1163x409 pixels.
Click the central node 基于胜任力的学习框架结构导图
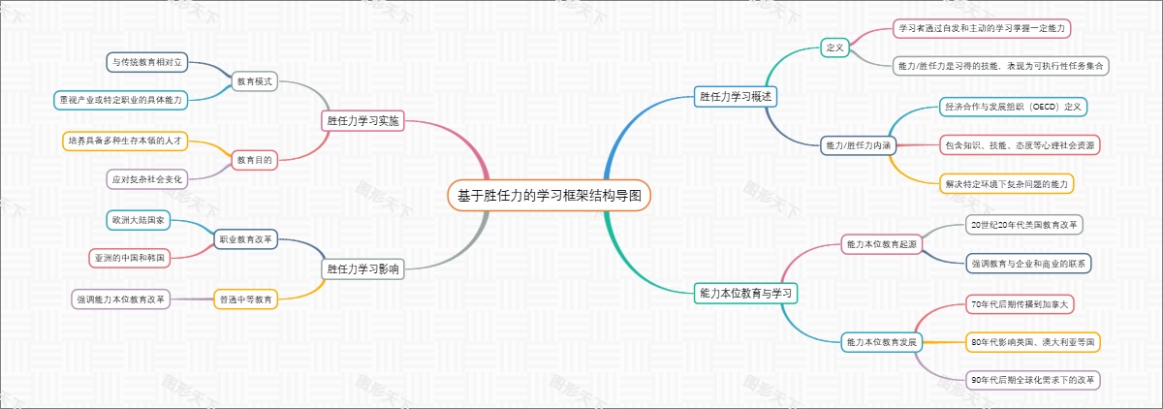[550, 196]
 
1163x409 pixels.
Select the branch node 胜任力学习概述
[735, 96]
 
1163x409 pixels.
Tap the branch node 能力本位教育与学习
[747, 292]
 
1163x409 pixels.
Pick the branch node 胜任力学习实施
[362, 121]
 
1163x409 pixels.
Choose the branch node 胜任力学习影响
[362, 268]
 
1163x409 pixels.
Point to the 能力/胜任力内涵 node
[857, 144]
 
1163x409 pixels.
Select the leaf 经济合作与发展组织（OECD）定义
[1013, 106]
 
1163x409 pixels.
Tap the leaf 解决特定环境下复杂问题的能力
[1008, 182]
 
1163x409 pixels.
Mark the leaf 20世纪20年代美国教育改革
[1025, 225]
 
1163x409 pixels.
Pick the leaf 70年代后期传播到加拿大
[1022, 304]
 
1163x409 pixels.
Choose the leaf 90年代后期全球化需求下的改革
[1033, 380]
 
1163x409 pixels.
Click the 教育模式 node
[254, 81]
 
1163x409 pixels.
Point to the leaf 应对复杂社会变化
[147, 179]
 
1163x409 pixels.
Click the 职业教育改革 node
[246, 238]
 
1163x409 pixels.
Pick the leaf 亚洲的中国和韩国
[131, 258]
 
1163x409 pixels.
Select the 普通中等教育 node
[246, 299]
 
